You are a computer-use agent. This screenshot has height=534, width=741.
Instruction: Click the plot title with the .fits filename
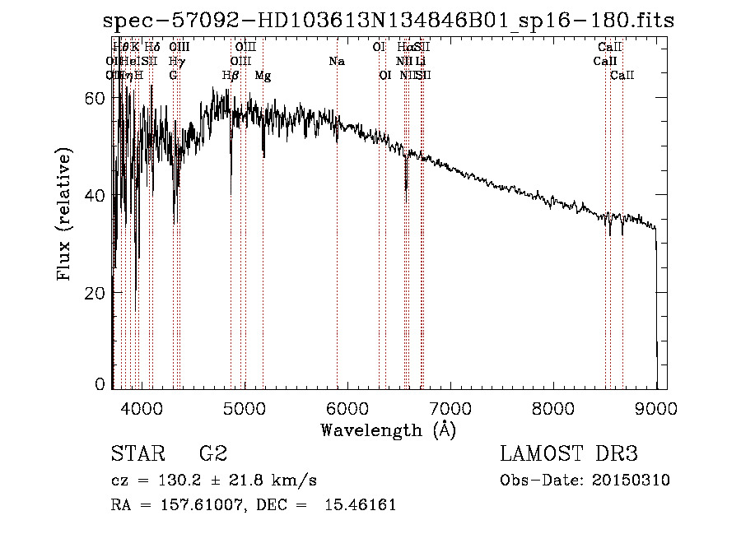click(389, 21)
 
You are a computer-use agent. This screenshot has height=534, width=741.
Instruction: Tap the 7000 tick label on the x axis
click(450, 408)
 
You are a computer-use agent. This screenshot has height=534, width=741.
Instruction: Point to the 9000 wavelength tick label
click(656, 408)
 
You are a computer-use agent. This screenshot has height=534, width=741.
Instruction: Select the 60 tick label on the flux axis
click(96, 98)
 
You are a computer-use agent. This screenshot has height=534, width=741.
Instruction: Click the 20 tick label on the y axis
click(96, 293)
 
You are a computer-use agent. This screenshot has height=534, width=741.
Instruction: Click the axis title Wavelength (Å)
click(388, 429)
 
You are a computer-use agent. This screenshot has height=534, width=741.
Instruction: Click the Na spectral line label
click(336, 62)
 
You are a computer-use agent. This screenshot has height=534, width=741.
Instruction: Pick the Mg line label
click(263, 76)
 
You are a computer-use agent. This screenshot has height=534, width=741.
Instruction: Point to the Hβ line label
click(231, 76)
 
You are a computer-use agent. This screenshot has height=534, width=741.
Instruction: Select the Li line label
click(421, 62)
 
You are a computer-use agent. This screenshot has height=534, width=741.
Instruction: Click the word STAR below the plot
click(134, 453)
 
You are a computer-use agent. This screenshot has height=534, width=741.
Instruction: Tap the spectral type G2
click(212, 453)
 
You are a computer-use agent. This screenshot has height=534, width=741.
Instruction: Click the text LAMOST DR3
click(568, 453)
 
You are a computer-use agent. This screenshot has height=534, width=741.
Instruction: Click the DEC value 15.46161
click(362, 504)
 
